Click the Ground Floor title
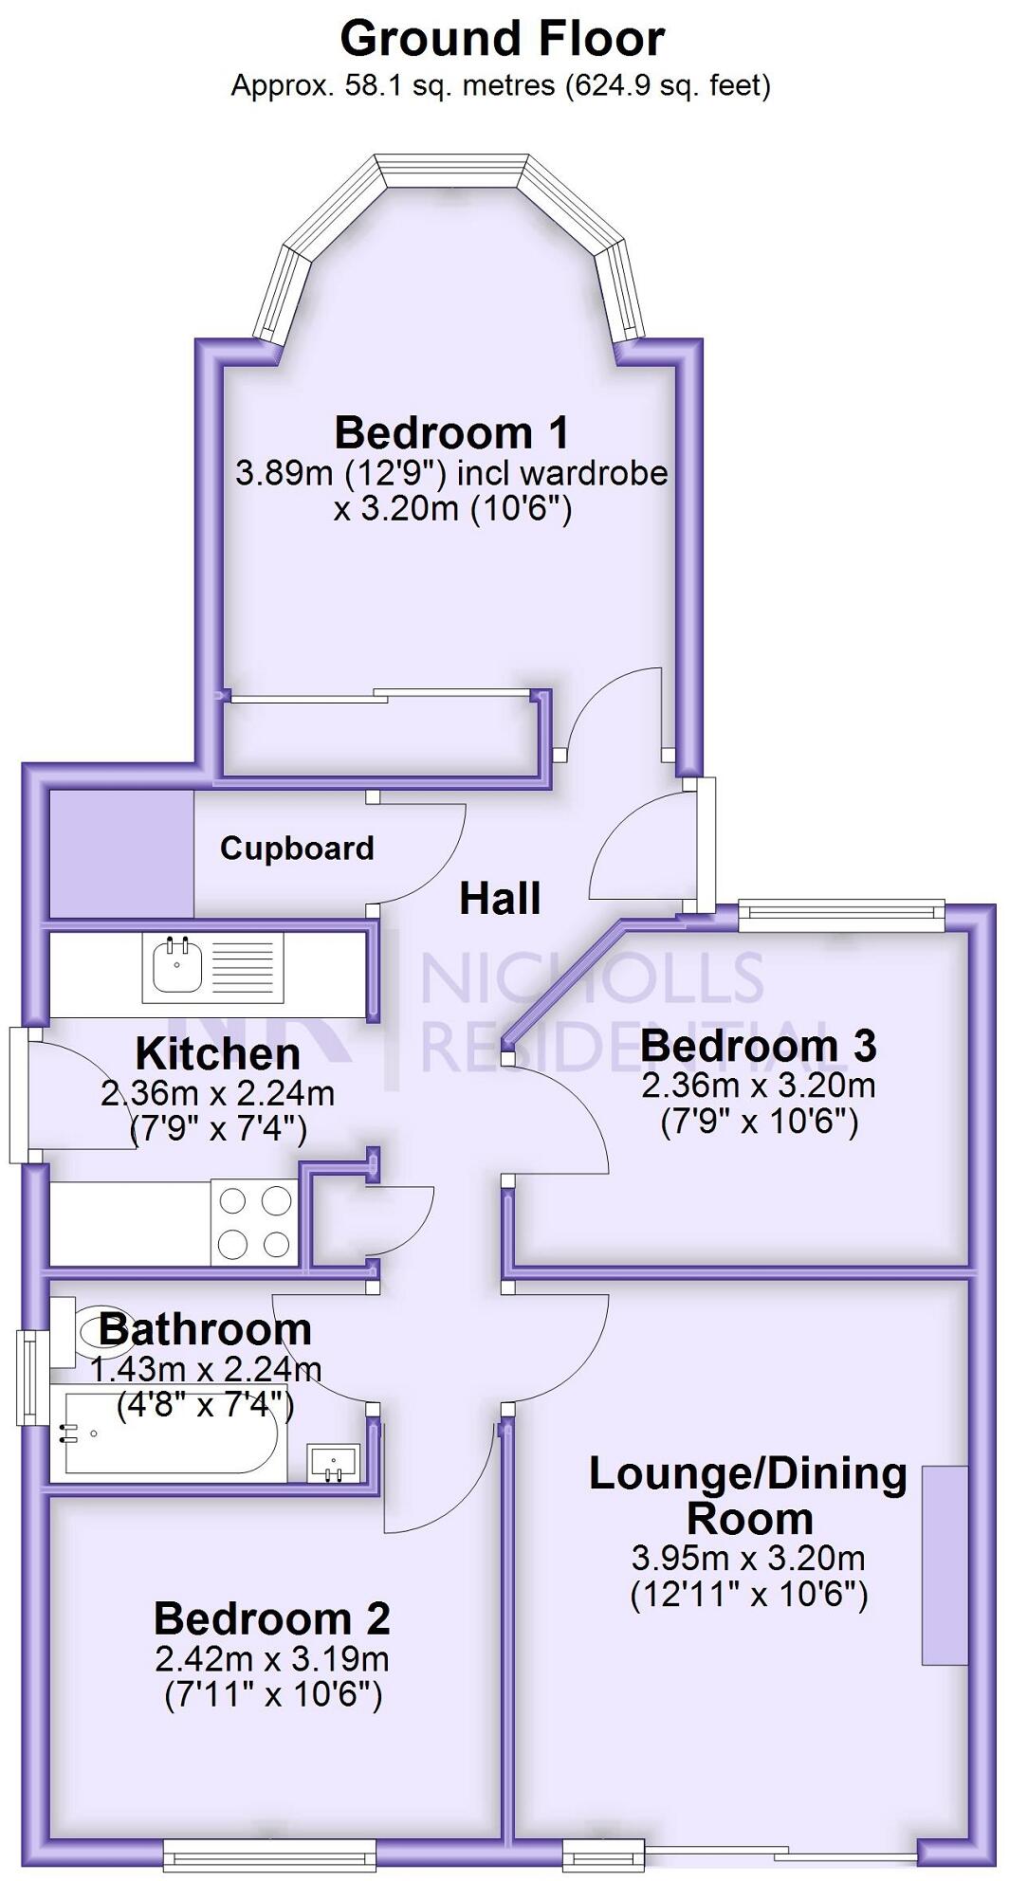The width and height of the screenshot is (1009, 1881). tap(502, 40)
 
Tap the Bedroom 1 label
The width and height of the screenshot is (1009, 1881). tap(451, 433)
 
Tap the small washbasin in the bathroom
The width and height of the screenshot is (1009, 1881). tap(334, 1462)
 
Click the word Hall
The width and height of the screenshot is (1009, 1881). tap(500, 899)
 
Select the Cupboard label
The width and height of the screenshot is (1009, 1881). tap(297, 848)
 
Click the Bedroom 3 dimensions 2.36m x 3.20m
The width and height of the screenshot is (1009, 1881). tap(759, 1086)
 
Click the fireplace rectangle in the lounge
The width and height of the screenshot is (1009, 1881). tap(945, 1564)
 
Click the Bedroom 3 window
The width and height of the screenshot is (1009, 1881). tap(841, 912)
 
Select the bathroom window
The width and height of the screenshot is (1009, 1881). tap(30, 1378)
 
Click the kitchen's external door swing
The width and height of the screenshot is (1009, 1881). tap(81, 1095)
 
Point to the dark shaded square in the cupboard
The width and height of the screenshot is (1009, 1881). tap(121, 853)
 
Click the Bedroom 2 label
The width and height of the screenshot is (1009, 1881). tap(272, 1618)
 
